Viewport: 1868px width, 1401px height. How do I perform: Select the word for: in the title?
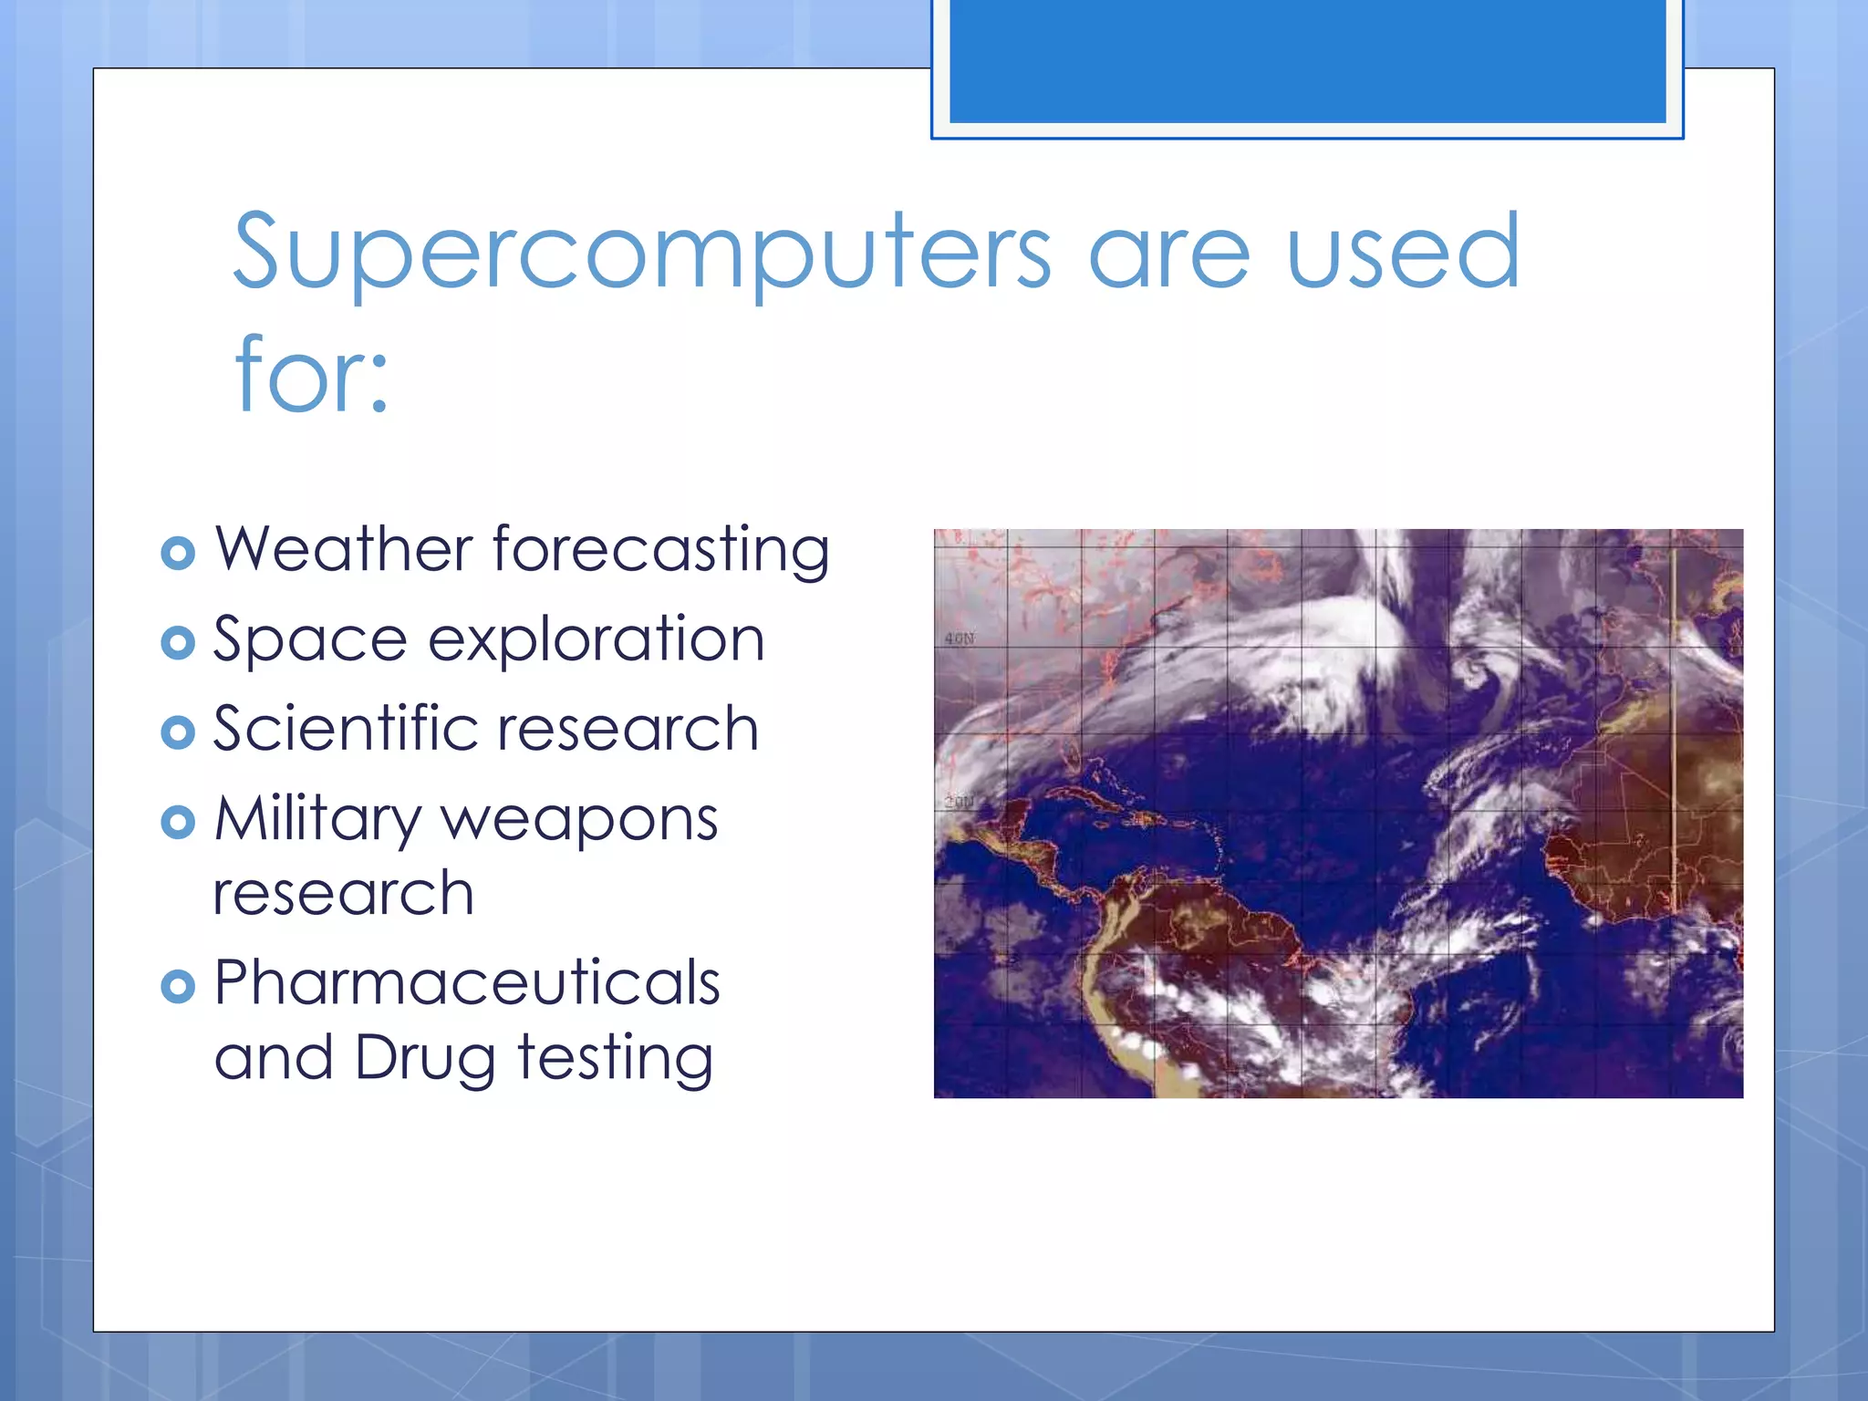[311, 375]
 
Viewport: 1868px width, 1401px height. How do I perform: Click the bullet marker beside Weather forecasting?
[178, 553]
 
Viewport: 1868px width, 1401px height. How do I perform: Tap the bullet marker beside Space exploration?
[178, 642]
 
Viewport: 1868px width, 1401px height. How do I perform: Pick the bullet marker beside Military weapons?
[178, 822]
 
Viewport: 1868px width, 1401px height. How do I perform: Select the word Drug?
[425, 1059]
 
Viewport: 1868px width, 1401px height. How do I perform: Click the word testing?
[615, 1059]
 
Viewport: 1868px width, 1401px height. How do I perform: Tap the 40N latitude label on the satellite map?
[959, 638]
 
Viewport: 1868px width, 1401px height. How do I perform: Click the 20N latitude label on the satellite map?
[959, 802]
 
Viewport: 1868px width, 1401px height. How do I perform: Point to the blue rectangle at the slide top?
[1307, 60]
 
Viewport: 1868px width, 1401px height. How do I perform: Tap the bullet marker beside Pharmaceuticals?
[178, 986]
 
